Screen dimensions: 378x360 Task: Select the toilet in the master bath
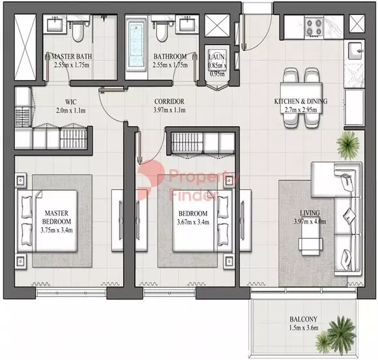point(78,31)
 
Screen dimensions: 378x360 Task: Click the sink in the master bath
point(55,23)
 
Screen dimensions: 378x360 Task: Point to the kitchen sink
point(355,50)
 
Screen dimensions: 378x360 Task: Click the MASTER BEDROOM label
point(57,217)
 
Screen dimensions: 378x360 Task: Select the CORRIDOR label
point(169,102)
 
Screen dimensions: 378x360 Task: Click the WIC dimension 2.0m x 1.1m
point(70,111)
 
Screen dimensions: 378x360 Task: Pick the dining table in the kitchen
point(301,98)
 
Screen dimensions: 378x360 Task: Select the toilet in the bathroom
point(160,31)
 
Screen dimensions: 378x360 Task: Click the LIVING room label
point(310,213)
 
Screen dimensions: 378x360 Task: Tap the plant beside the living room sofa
point(347,145)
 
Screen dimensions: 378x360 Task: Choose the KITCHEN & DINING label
point(300,102)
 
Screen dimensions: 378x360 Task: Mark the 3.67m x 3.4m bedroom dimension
point(193,222)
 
